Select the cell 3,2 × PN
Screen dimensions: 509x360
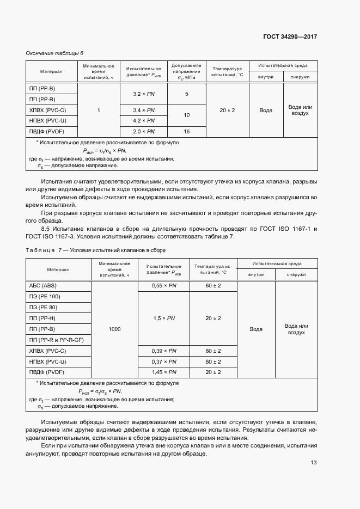(144, 94)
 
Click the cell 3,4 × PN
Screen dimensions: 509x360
(144, 110)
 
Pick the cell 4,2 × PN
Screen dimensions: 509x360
(144, 120)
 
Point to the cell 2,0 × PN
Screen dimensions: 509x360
(144, 132)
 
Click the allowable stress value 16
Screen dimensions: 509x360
(187, 132)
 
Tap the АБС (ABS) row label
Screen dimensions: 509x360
(42, 286)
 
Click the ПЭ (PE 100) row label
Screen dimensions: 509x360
(45, 297)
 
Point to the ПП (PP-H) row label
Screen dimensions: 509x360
(42, 318)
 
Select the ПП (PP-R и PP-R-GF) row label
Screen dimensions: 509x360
(57, 340)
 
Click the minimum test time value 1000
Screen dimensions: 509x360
(114, 329)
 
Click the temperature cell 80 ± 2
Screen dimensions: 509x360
(213, 351)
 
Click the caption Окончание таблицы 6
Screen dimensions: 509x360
(54, 53)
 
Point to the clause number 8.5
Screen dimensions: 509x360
(46, 228)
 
